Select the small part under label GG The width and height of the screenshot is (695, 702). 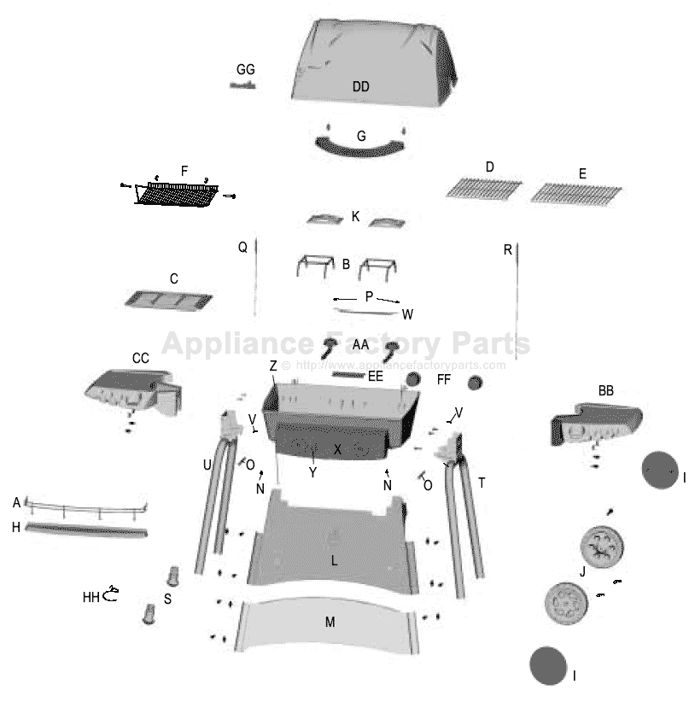242,85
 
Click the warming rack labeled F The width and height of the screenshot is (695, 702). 178,194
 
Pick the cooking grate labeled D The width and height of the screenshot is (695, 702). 484,189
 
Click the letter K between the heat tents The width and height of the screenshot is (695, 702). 355,217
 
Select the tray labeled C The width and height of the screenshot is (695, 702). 169,300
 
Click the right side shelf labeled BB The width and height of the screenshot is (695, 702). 596,424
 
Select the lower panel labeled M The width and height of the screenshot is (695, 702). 328,625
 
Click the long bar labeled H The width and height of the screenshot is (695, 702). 86,529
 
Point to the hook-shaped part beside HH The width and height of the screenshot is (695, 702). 110,594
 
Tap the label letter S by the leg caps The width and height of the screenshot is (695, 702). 167,599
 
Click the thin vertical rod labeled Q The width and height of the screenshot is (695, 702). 255,278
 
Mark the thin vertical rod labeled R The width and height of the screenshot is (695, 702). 517,301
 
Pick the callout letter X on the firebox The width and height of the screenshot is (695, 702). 337,449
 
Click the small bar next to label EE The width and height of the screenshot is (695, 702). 348,375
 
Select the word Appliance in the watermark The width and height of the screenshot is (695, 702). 237,344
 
